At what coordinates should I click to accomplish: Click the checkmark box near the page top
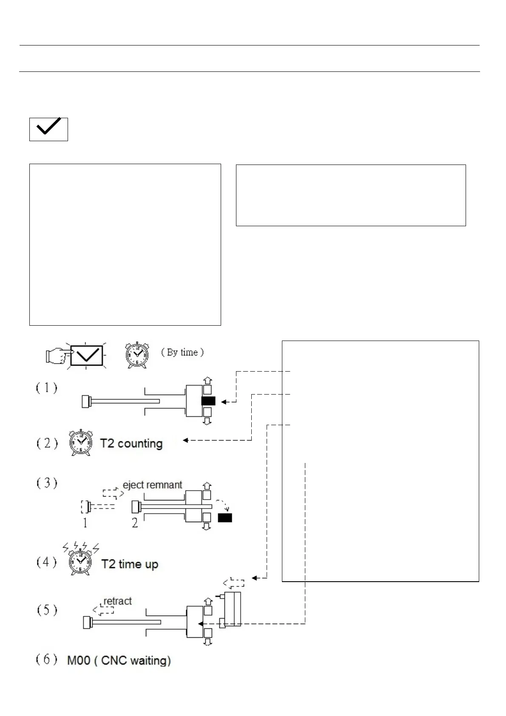pos(48,129)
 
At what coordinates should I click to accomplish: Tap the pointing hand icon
pos(57,355)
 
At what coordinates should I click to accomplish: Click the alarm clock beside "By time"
pos(137,355)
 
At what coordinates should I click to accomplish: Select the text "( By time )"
pos(182,352)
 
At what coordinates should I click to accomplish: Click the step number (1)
pos(46,388)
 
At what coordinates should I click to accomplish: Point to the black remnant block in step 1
pos(208,401)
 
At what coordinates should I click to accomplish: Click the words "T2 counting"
pos(131,443)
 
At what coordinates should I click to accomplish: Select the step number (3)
pos(46,483)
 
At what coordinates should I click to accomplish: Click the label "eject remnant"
pos(152,485)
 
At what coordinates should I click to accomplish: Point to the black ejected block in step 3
pos(225,517)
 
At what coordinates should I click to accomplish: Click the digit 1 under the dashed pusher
pos(85,523)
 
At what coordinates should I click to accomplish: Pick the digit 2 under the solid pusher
pos(135,523)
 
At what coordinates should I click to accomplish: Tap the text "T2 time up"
pos(130,564)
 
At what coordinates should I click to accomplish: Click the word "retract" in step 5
pos(117,601)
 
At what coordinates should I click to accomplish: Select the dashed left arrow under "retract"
pos(103,610)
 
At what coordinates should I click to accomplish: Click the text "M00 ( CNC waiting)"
pos(119,660)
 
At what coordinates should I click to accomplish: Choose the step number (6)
pos(46,659)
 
